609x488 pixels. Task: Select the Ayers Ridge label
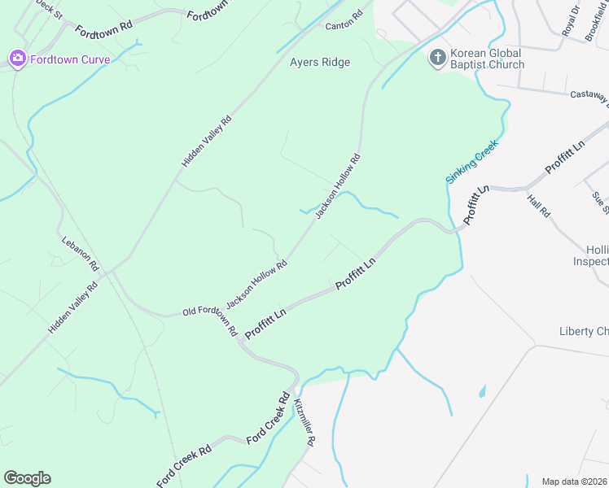[320, 63]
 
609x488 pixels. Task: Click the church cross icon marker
[437, 57]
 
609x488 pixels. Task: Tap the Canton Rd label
[344, 21]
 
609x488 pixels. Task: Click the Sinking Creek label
[471, 160]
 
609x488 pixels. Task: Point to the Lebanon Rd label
[81, 253]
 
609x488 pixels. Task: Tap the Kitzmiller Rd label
[304, 422]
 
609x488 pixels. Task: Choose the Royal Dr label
[571, 20]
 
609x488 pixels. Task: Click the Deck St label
[49, 9]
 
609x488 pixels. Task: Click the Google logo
[28, 478]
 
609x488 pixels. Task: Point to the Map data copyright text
[574, 481]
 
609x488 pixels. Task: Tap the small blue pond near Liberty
[482, 391]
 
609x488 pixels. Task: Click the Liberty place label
[583, 331]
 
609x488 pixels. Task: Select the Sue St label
[601, 203]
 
